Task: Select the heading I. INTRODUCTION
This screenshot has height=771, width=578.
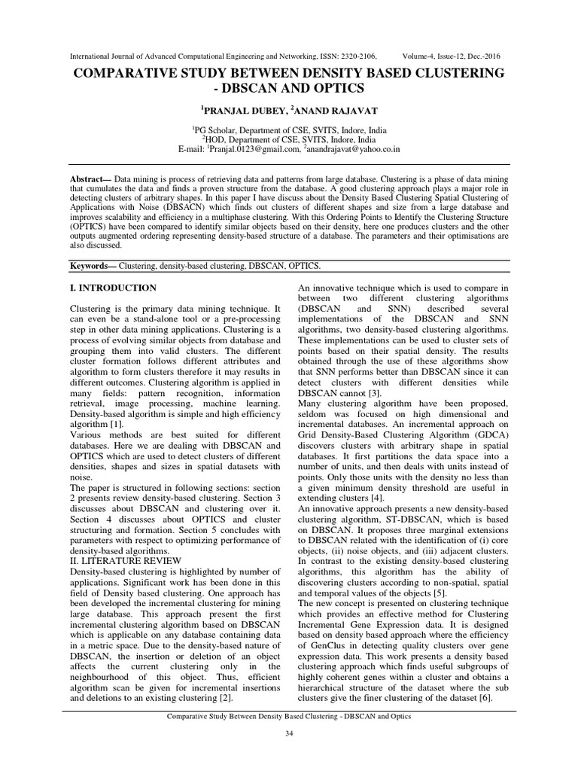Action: click(x=113, y=288)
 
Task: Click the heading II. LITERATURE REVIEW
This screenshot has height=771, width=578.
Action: click(x=126, y=560)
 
